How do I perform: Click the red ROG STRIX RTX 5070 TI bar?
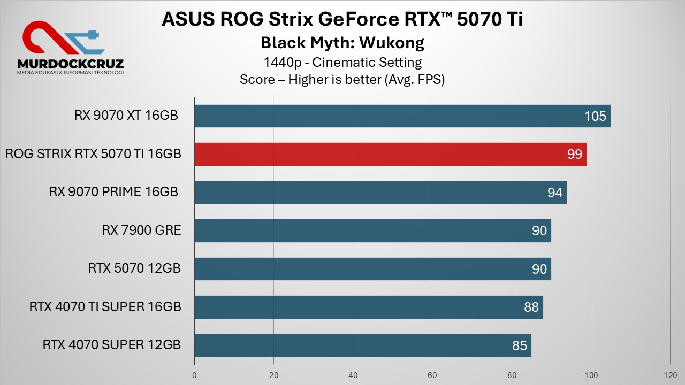coord(390,154)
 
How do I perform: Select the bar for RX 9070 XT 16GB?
coord(402,116)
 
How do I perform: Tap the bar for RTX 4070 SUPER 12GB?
coord(362,345)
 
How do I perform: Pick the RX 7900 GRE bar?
coord(372,230)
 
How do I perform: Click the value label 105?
coord(595,116)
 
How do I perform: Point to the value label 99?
coord(575,155)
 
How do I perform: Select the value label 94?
coord(555,192)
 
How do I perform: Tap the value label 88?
coord(531,307)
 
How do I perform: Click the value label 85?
coord(520,345)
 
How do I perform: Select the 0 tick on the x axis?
coord(194,375)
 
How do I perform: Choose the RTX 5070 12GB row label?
coord(134,268)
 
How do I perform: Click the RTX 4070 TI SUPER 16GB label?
coord(105,307)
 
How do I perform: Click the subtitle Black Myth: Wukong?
coord(342,42)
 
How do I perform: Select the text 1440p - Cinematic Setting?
coord(342,62)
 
